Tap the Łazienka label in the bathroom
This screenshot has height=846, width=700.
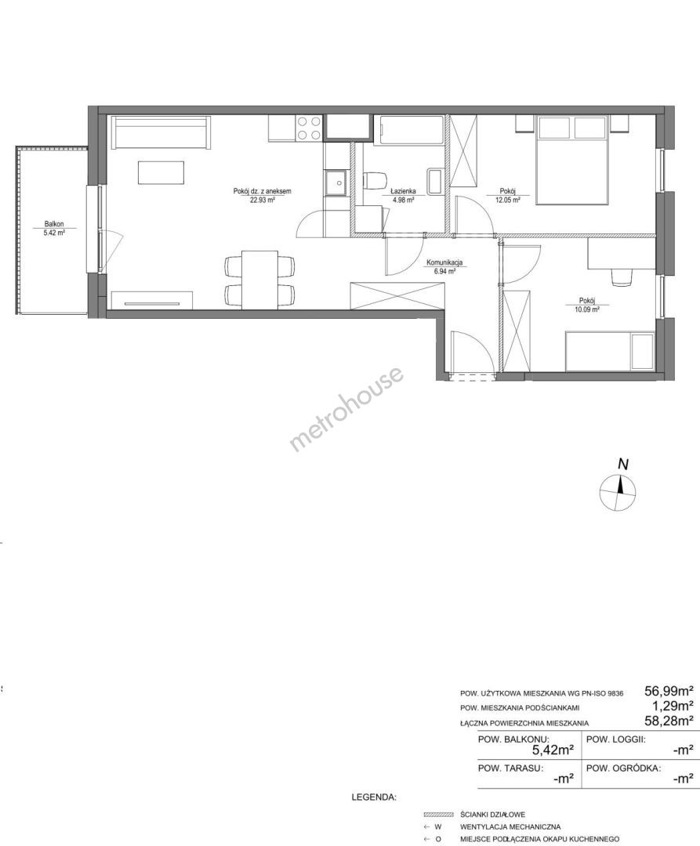pyautogui.click(x=403, y=191)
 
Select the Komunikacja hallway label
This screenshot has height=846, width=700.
pyautogui.click(x=444, y=262)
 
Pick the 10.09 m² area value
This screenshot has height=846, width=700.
pyautogui.click(x=587, y=309)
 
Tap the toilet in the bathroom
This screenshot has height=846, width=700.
pyautogui.click(x=375, y=181)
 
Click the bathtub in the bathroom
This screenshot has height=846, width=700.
pyautogui.click(x=412, y=130)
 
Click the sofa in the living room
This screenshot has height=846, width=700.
pyautogui.click(x=161, y=132)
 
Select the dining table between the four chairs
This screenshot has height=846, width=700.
pyautogui.click(x=259, y=280)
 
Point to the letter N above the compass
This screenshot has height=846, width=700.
pyautogui.click(x=623, y=464)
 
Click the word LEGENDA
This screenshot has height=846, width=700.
pyautogui.click(x=373, y=797)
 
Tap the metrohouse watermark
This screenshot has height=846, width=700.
pyautogui.click(x=346, y=408)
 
